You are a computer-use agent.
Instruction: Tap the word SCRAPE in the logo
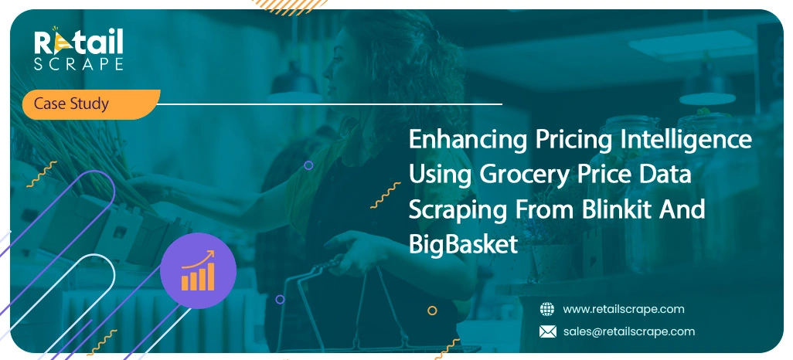[78, 65]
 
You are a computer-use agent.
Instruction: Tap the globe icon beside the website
[547, 309]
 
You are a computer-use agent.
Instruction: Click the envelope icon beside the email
[547, 331]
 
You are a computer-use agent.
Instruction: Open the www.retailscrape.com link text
[624, 309]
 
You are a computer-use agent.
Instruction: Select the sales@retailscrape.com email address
[628, 331]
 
